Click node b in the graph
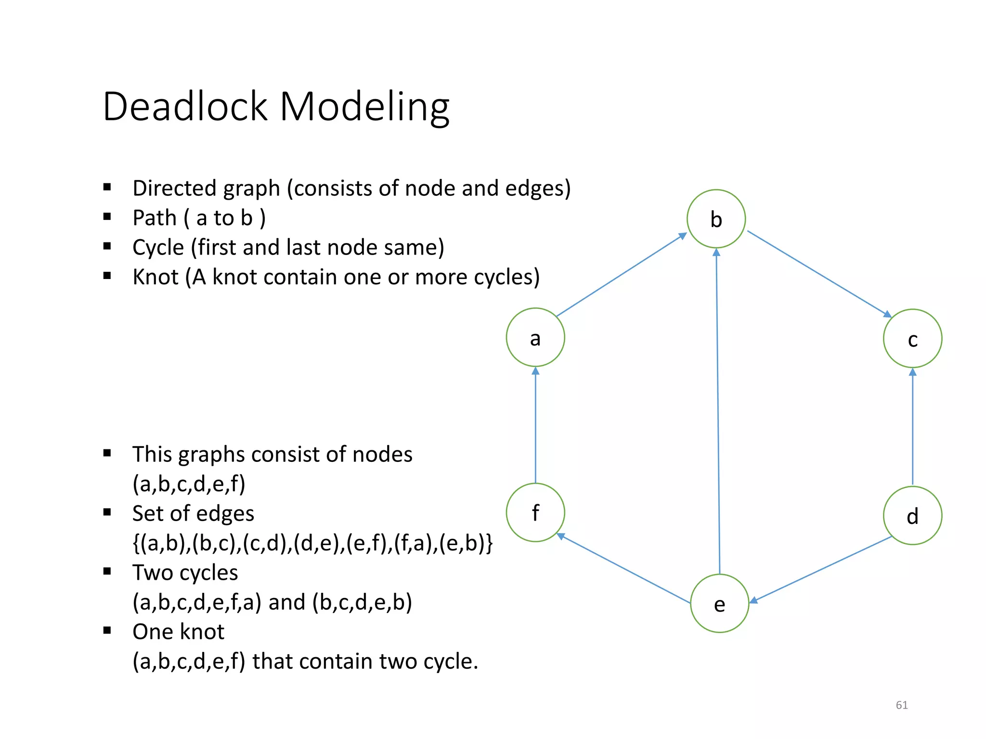[716, 219]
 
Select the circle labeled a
[535, 337]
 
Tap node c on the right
[912, 339]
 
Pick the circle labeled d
[912, 515]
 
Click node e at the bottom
[719, 603]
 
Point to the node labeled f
[535, 512]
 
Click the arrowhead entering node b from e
[716, 252]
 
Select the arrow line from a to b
[621, 275]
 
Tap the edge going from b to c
[818, 274]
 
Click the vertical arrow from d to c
[912, 428]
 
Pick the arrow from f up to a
[535, 426]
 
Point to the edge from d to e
[821, 569]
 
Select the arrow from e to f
[623, 568]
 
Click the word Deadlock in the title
[185, 106]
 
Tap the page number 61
[901, 705]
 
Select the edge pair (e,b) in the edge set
[465, 543]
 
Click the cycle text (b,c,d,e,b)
[362, 602]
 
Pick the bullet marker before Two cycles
[107, 572]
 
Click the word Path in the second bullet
[155, 218]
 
